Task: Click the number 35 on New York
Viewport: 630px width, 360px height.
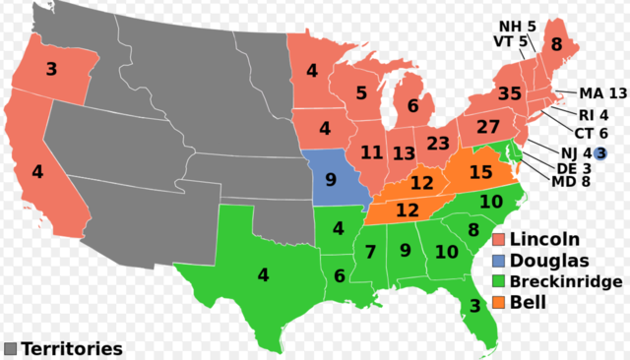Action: click(x=508, y=94)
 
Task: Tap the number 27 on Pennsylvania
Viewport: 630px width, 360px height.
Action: click(x=488, y=128)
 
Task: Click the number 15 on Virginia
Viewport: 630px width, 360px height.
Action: click(x=480, y=173)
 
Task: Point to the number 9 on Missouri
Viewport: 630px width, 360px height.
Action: click(x=331, y=180)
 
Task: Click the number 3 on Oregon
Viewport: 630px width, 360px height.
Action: click(x=51, y=70)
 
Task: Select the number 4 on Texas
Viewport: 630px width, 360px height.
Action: click(x=263, y=275)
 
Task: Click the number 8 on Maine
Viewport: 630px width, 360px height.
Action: click(x=556, y=43)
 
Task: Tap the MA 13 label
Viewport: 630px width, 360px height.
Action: click(x=602, y=93)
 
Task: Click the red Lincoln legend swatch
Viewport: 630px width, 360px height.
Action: click(x=500, y=239)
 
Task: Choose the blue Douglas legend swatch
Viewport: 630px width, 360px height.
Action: click(x=500, y=261)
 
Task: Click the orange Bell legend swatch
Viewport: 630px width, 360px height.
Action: click(x=500, y=303)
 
